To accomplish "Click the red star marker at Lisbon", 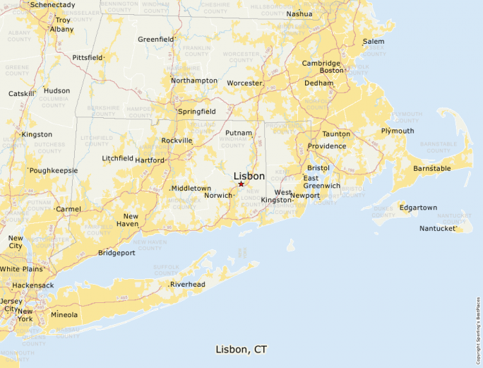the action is (241, 184).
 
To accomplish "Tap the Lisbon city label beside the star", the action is (249, 176).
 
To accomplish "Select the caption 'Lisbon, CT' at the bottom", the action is (241, 350).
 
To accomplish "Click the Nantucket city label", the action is (438, 228).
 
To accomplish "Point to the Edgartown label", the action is (418, 208).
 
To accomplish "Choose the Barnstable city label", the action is (432, 169).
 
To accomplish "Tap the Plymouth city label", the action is (398, 131).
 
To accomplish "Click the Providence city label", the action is (326, 146).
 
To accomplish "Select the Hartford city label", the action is (150, 160).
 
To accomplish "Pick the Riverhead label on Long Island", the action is (187, 285).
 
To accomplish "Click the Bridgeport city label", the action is (117, 253).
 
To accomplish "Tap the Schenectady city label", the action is (53, 4).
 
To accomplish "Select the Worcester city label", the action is (244, 83).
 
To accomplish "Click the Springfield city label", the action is (197, 112).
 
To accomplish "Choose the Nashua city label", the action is (299, 13).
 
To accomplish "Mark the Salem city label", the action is (374, 42).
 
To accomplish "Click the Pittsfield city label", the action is (88, 57).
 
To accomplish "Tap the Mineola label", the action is (64, 315).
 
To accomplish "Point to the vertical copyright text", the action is (478, 325).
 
